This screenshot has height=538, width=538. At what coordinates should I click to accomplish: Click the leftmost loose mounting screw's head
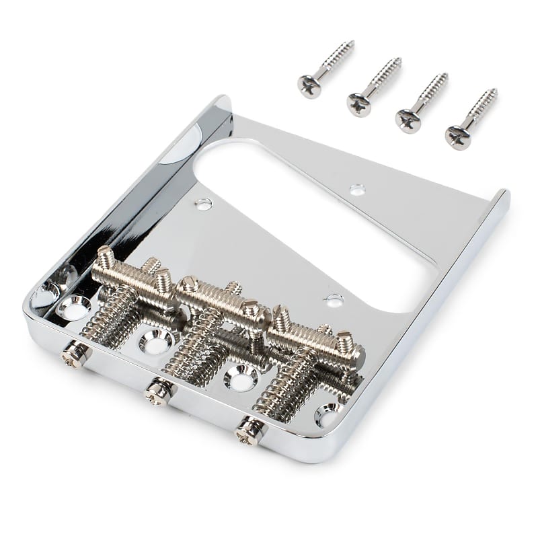tap(309, 86)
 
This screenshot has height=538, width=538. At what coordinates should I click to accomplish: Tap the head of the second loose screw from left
tap(359, 104)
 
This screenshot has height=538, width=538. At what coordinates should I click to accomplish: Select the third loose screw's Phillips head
tap(408, 120)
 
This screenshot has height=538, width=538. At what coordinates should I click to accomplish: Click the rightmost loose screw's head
tap(458, 137)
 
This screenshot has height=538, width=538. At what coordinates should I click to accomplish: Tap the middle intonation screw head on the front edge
tap(159, 390)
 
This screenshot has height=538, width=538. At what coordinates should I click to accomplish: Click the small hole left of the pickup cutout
tap(202, 204)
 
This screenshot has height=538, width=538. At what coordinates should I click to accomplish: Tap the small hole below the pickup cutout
tap(333, 300)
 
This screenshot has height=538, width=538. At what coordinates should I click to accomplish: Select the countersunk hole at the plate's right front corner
tap(328, 414)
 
